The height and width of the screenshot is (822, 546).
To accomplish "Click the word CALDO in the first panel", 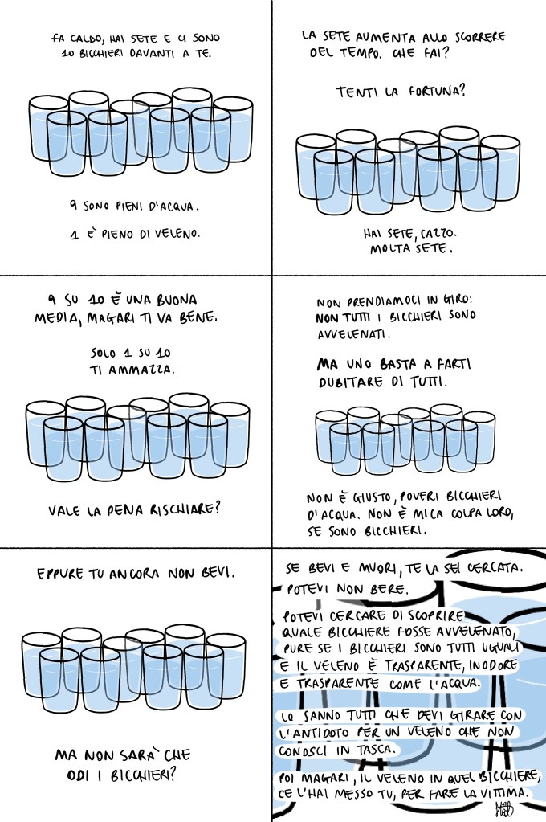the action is click(x=84, y=39).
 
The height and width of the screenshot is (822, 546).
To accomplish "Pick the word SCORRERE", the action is click(x=479, y=37).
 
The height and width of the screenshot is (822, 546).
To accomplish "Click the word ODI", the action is click(x=79, y=775).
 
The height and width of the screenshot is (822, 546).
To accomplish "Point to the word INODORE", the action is click(x=493, y=665).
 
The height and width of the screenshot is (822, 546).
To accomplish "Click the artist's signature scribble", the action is click(x=503, y=808).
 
